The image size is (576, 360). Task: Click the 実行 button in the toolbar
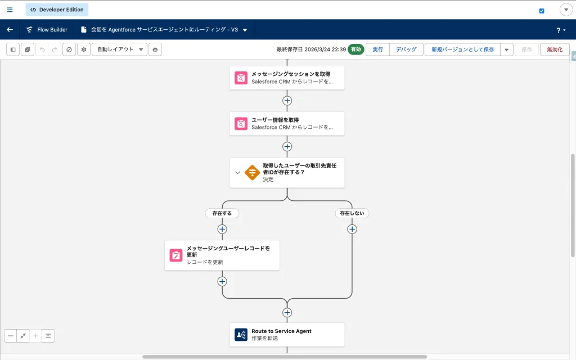click(x=377, y=49)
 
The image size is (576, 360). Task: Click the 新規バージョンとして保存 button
click(x=462, y=49)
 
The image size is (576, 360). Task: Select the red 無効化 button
click(x=555, y=49)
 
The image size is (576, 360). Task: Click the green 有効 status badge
click(x=355, y=49)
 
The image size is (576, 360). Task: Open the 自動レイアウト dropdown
click(x=119, y=49)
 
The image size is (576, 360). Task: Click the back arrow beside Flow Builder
click(x=10, y=30)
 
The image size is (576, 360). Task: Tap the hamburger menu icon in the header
click(x=10, y=10)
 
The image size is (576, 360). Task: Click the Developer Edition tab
click(x=57, y=10)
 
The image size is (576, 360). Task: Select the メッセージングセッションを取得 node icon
click(x=241, y=78)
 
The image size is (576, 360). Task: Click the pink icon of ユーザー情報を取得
click(x=241, y=124)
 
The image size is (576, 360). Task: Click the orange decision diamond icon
click(x=252, y=173)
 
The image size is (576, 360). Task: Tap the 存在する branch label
click(x=222, y=213)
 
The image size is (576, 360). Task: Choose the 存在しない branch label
click(x=352, y=213)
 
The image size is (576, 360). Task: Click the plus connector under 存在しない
click(x=352, y=229)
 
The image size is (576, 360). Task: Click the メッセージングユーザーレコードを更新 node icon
click(x=176, y=255)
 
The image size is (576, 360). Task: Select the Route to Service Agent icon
click(x=241, y=335)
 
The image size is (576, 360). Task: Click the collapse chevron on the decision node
click(x=237, y=173)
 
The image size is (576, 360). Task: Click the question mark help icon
click(x=559, y=30)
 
